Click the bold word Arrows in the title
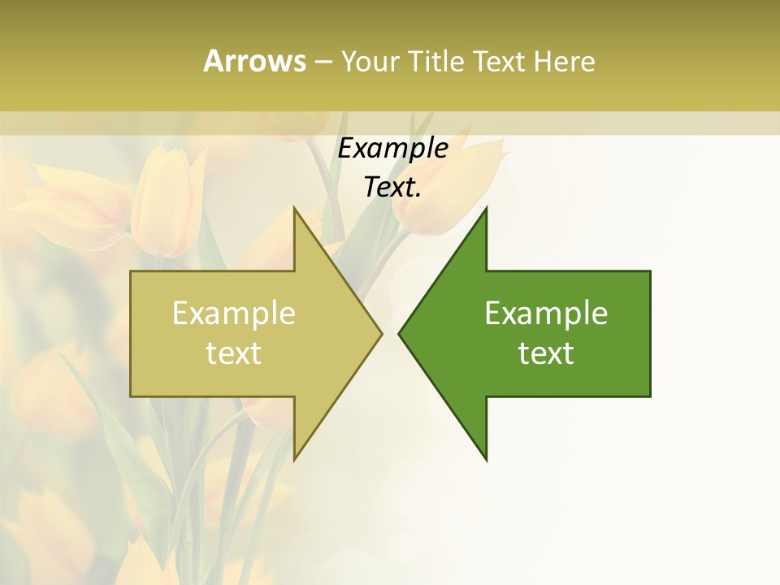pyautogui.click(x=254, y=61)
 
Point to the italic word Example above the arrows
pyautogui.click(x=393, y=149)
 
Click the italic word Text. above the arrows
pyautogui.click(x=393, y=188)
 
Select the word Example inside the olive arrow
pyautogui.click(x=234, y=314)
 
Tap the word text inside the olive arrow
pyautogui.click(x=234, y=353)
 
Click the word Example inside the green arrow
pyautogui.click(x=546, y=314)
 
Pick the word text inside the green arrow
pyautogui.click(x=546, y=353)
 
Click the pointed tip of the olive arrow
pyautogui.click(x=381, y=333)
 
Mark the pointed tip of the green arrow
pyautogui.click(x=399, y=333)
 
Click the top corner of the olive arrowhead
pyautogui.click(x=294, y=208)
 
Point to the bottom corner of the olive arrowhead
pyautogui.click(x=294, y=460)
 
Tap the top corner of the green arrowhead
pyautogui.click(x=486, y=208)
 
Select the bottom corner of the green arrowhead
pyautogui.click(x=486, y=460)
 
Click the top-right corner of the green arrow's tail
pyautogui.click(x=650, y=271)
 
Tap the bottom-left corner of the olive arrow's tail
pyautogui.click(x=131, y=396)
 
